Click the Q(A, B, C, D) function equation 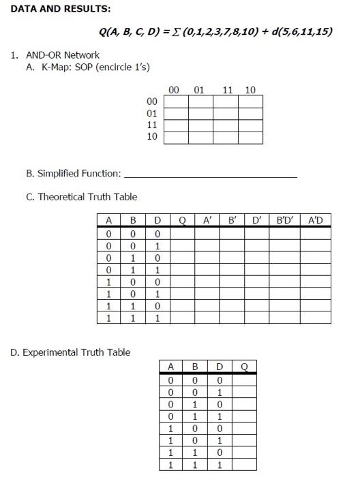(x=215, y=31)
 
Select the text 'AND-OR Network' (x=62, y=55)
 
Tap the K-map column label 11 (x=227, y=89)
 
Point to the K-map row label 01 (x=152, y=113)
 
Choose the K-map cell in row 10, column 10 (x=251, y=138)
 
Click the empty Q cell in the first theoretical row (x=182, y=233)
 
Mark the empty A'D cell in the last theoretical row (x=316, y=318)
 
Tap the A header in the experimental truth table (x=171, y=367)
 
